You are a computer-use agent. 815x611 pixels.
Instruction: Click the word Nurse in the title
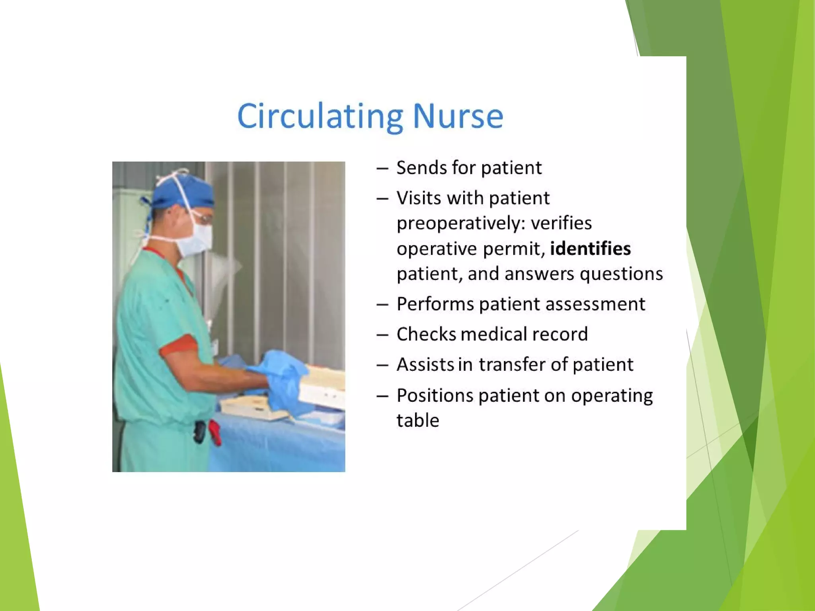(458, 116)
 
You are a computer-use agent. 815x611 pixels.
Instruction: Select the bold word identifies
(590, 249)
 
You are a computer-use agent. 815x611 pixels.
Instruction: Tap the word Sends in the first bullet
(421, 167)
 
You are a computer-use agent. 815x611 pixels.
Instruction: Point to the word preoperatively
(458, 223)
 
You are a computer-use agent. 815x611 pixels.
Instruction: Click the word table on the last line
(418, 420)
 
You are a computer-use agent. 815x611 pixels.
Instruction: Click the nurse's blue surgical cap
(187, 191)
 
